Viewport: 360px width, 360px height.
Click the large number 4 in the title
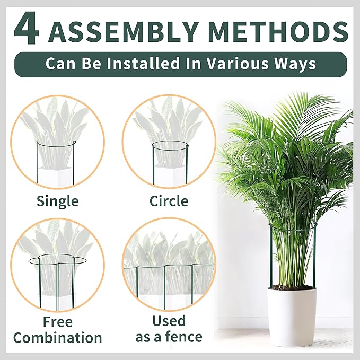26,28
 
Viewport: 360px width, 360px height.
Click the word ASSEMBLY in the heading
124,31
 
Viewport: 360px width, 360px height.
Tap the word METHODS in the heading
279,31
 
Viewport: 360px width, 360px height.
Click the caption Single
58,201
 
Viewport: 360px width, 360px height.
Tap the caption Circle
169,201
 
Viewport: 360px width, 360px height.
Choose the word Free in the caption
58,322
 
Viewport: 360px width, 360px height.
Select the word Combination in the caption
58,338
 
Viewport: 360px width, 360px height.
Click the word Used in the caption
169,321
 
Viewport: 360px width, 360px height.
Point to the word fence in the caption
184,337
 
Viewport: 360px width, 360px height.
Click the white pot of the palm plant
292,315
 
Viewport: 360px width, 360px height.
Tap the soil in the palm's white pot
292,287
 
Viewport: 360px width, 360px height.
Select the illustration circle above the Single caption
11,142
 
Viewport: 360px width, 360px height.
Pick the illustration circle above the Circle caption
122,142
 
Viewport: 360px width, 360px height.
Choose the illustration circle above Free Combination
11,265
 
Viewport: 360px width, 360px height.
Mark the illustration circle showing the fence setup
122,265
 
